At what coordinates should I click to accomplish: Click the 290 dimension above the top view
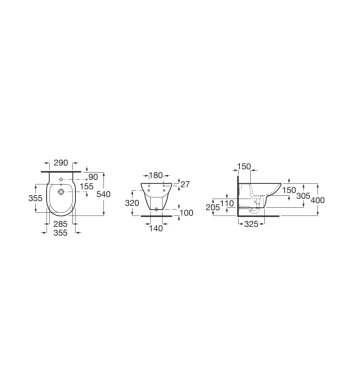point(61,163)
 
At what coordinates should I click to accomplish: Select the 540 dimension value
point(103,194)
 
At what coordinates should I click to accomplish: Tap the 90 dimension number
point(93,177)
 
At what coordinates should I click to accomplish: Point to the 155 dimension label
point(86,186)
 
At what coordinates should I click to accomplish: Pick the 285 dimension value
point(60,224)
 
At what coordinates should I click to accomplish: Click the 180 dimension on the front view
point(155,175)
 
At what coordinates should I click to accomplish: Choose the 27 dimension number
point(185,184)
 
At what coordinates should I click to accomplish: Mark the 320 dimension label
point(132,203)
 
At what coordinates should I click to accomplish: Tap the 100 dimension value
point(186,213)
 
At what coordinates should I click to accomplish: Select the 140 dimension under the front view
point(155,228)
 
